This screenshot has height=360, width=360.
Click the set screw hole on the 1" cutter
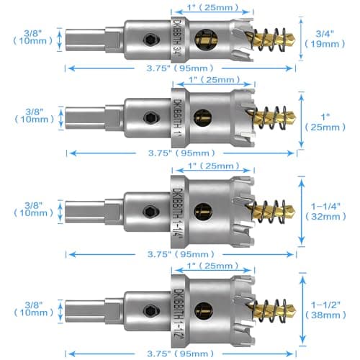tap(150, 118)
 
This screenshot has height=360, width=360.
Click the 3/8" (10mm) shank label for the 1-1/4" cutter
tap(32, 209)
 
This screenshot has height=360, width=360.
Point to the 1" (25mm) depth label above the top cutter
tap(213, 6)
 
